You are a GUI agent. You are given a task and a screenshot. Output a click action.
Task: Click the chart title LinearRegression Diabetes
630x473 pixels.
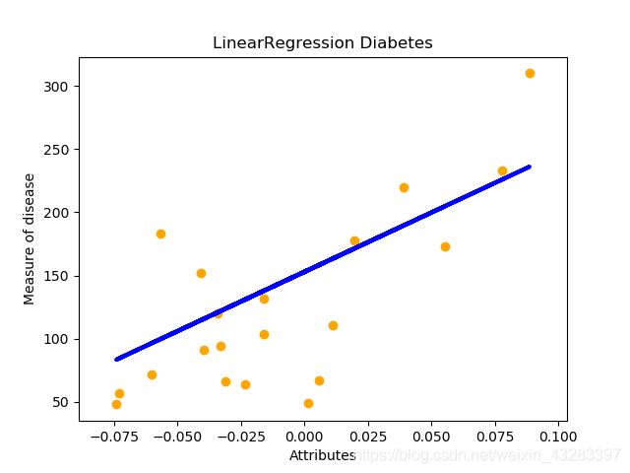[x=323, y=43]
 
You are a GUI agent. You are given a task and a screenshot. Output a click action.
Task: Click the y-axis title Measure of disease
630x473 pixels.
[x=30, y=238]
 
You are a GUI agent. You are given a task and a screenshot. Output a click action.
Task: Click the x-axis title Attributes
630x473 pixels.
[x=322, y=455]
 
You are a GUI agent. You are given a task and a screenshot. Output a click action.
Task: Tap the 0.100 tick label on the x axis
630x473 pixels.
[x=558, y=435]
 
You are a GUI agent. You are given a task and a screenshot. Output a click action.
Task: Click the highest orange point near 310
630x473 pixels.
[x=530, y=73]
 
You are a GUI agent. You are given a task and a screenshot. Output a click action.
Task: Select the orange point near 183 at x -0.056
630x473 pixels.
[x=160, y=234]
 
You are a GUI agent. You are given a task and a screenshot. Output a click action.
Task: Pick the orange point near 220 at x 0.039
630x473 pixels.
[x=404, y=187]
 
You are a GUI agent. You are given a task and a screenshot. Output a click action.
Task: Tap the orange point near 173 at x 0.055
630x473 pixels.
[x=445, y=246]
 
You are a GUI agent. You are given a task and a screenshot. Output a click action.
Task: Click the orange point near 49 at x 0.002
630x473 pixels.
[x=308, y=403]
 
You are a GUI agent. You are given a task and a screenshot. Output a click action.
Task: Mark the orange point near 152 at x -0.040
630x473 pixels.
[x=201, y=273]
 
